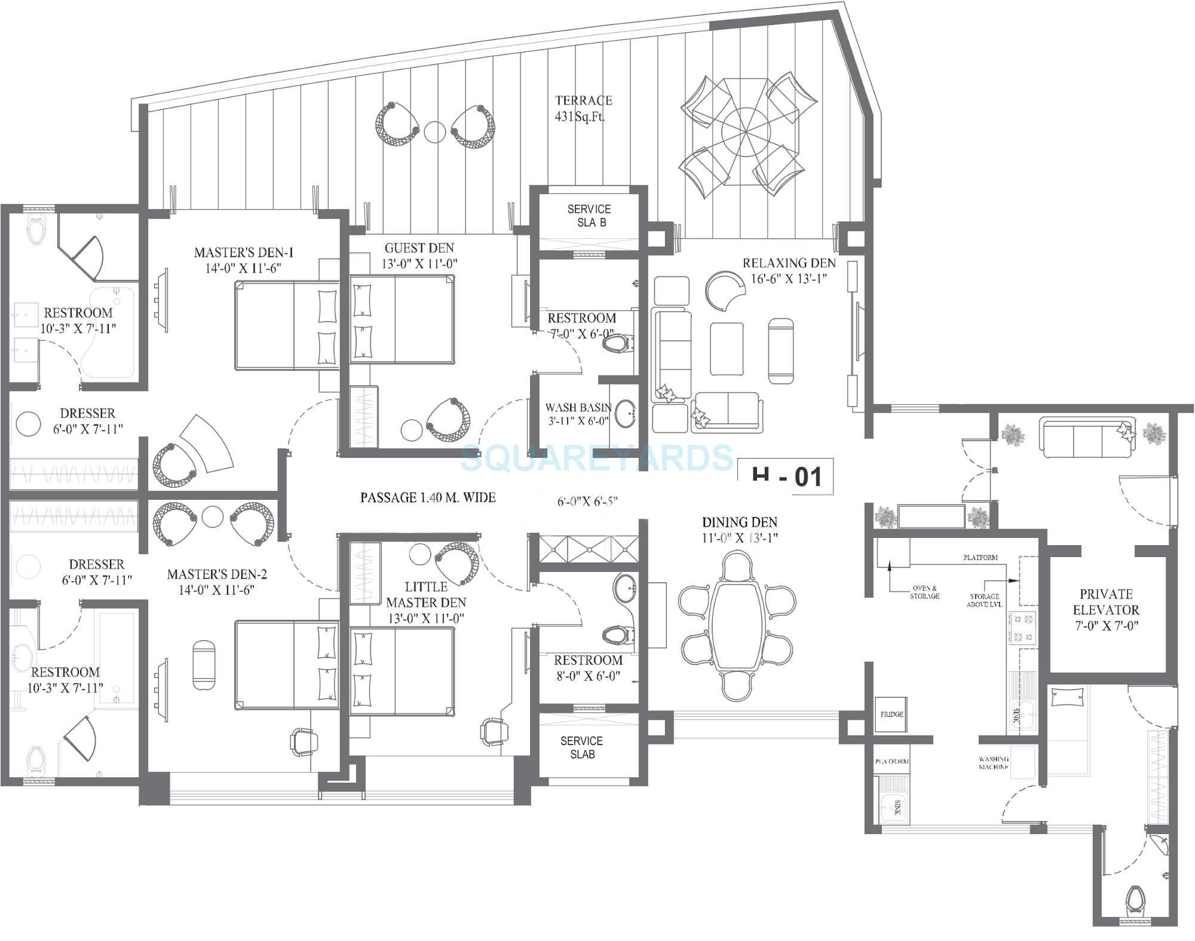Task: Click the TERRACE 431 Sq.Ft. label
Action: click(x=583, y=108)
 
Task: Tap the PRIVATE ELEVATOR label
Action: click(x=1106, y=609)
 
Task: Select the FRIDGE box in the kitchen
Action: click(x=891, y=714)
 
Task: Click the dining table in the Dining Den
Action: click(x=739, y=626)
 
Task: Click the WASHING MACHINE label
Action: click(x=994, y=762)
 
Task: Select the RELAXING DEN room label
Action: click(x=789, y=270)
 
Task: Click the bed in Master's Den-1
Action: click(x=286, y=326)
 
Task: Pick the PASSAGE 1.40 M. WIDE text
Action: click(x=428, y=497)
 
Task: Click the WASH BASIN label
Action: click(x=578, y=413)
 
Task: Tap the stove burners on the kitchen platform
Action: click(x=1022, y=627)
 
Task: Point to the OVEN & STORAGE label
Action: click(x=924, y=592)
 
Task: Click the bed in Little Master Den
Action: click(x=402, y=670)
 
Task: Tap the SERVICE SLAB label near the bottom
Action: click(x=582, y=747)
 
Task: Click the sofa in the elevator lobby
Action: click(x=1087, y=439)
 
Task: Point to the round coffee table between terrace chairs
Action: click(x=434, y=132)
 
